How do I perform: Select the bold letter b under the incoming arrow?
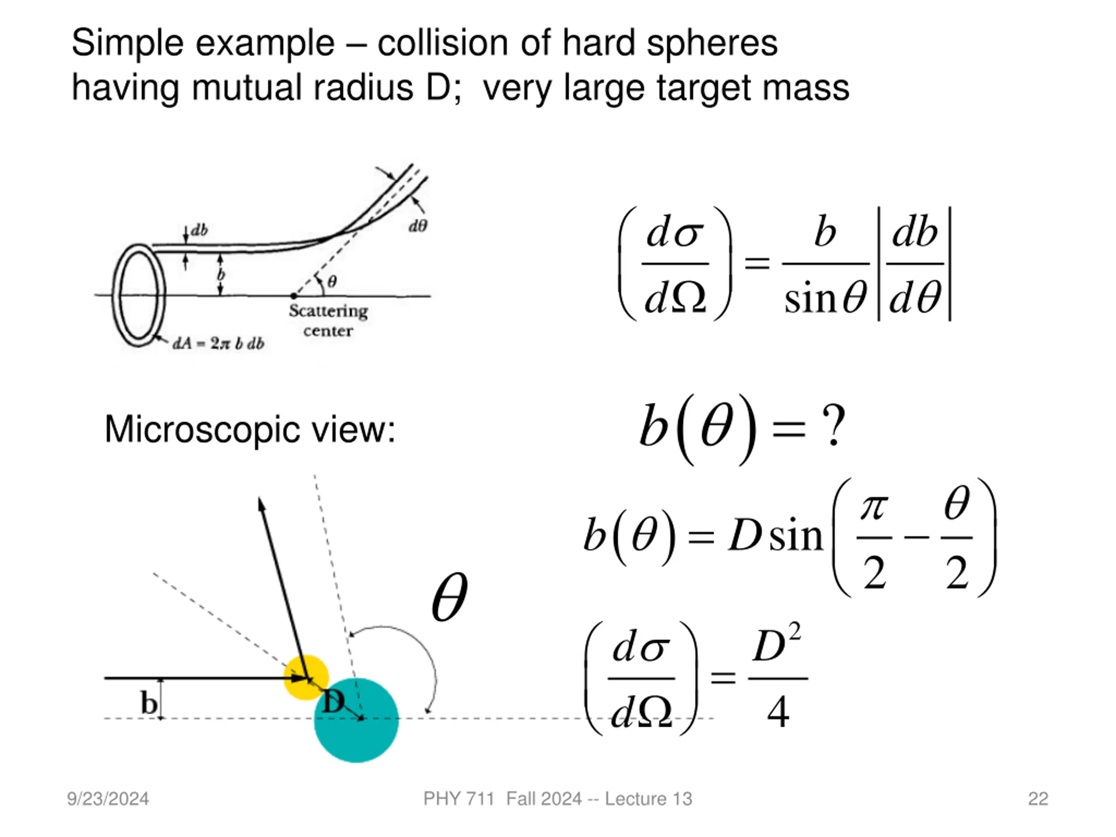[148, 703]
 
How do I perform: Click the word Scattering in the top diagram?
[328, 311]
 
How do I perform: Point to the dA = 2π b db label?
[218, 344]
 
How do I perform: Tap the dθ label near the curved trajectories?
[418, 226]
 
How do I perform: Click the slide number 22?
[1038, 799]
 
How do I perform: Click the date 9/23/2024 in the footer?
[108, 799]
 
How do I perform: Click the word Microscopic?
[202, 430]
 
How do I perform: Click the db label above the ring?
[199, 230]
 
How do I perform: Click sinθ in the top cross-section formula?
[825, 298]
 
